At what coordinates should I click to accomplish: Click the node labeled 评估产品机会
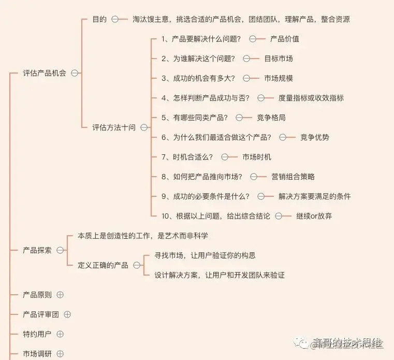pyautogui.click(x=45, y=73)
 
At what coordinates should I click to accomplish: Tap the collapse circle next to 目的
pyautogui.click(x=115, y=19)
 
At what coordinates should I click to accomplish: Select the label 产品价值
pyautogui.click(x=285, y=39)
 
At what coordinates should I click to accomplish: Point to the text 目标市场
pyautogui.click(x=279, y=59)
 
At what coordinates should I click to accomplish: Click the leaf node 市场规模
pyautogui.click(x=279, y=78)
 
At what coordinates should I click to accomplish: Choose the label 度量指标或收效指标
pyautogui.click(x=311, y=98)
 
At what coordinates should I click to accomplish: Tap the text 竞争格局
pyautogui.click(x=271, y=118)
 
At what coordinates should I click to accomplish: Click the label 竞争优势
pyautogui.click(x=315, y=137)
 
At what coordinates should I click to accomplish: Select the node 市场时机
pyautogui.click(x=257, y=157)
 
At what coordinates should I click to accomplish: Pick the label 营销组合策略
pyautogui.click(x=293, y=177)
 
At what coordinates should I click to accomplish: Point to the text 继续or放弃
pyautogui.click(x=314, y=216)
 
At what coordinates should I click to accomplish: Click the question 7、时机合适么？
pyautogui.click(x=187, y=157)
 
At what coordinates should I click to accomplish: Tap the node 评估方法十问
pyautogui.click(x=114, y=127)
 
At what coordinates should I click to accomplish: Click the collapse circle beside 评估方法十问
pyautogui.click(x=144, y=127)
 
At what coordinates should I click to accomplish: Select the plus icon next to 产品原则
pyautogui.click(x=60, y=295)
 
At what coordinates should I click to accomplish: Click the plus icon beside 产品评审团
pyautogui.click(x=67, y=314)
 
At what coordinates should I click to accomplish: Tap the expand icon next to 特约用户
pyautogui.click(x=60, y=334)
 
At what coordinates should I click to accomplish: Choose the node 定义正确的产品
pyautogui.click(x=103, y=265)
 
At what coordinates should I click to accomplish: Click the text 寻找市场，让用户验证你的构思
pyautogui.click(x=205, y=255)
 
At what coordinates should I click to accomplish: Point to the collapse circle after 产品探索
pyautogui.click(x=60, y=250)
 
